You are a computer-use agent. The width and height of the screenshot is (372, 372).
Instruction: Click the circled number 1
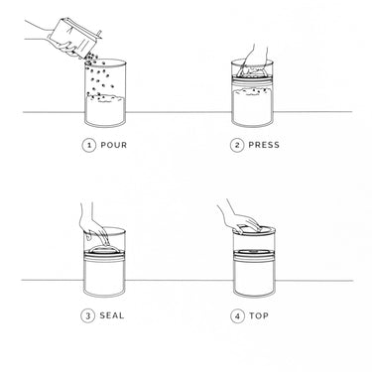coord(89,145)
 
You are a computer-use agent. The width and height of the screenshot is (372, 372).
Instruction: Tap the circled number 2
coord(237,145)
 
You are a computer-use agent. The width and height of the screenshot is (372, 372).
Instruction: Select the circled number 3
coord(89,316)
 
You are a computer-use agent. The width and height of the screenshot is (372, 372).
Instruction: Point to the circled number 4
coord(237,316)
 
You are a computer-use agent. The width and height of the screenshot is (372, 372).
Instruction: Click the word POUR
coord(113,145)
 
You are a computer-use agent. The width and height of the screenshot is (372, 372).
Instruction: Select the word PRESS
coord(264,145)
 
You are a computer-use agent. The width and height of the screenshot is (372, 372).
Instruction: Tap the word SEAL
coord(112,316)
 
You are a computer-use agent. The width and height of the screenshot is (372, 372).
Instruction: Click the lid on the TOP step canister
coord(259,229)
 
